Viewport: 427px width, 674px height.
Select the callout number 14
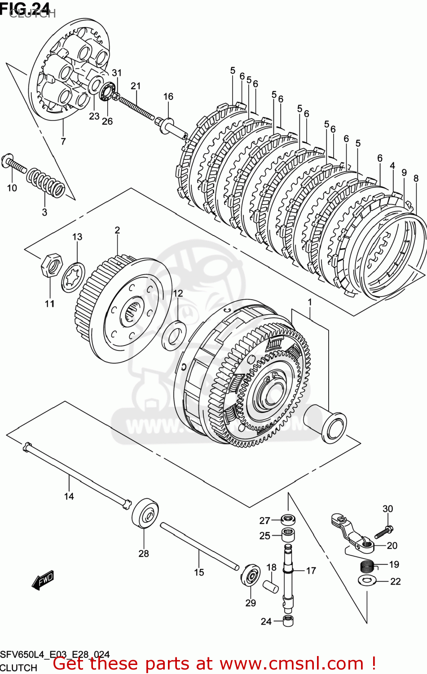coord(69,496)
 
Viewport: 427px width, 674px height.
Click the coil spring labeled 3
coord(45,183)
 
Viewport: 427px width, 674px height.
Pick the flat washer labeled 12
coord(174,335)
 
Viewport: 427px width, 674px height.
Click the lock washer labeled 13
coord(73,277)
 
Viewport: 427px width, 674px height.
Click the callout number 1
coord(309,302)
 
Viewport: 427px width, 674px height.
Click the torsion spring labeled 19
coord(368,566)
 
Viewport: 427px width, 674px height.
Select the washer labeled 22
coord(367,581)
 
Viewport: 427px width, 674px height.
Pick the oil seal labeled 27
coord(288,520)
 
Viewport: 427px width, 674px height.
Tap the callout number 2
coord(117,230)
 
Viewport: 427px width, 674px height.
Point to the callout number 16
coord(168,97)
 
